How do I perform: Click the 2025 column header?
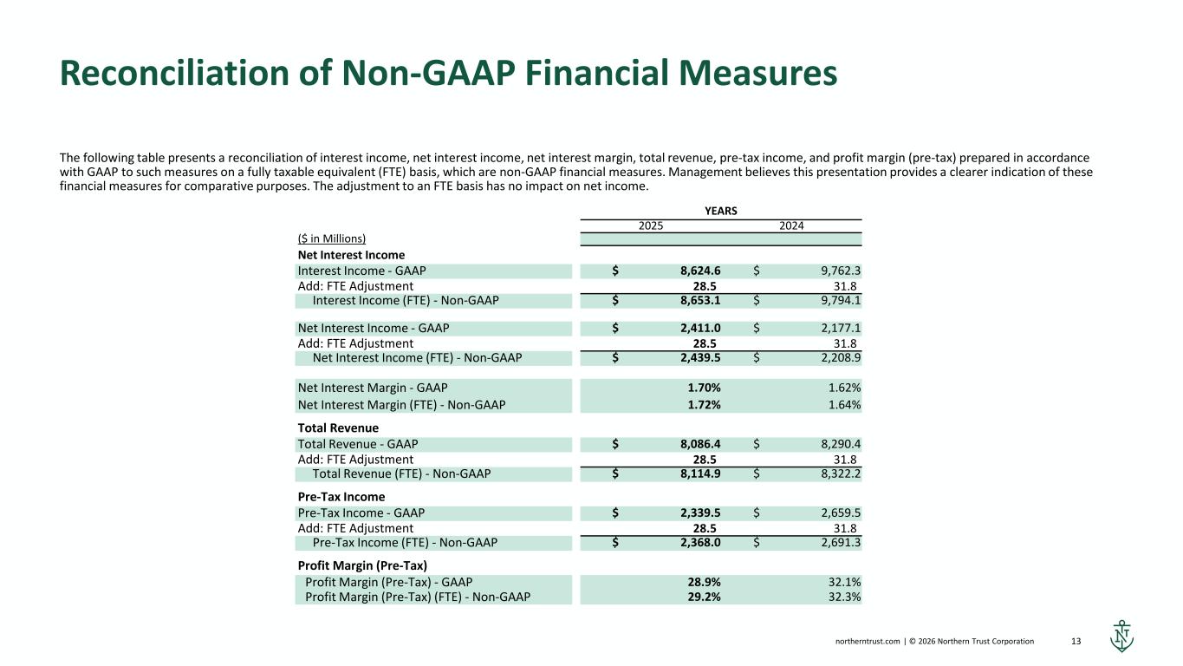(x=651, y=226)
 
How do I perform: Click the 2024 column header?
(x=791, y=226)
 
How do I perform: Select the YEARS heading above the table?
(x=721, y=211)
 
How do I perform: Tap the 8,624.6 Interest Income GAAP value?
(x=700, y=271)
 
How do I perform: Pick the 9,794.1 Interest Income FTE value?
(x=841, y=301)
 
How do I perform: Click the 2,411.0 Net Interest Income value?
(x=700, y=329)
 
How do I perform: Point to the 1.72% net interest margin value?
(x=704, y=405)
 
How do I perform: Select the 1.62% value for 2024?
(x=844, y=388)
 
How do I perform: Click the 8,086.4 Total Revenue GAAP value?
(x=700, y=445)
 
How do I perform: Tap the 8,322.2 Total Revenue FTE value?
(x=841, y=474)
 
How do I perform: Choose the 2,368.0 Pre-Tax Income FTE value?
(x=700, y=543)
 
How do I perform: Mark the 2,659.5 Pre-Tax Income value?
(x=841, y=513)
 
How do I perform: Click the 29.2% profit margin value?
(x=704, y=597)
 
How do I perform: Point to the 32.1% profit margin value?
(x=844, y=583)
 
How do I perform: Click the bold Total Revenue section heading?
(x=338, y=428)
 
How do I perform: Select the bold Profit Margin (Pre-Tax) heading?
(x=362, y=566)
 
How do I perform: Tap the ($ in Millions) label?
(x=332, y=239)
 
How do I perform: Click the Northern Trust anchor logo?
(x=1121, y=637)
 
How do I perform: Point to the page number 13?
(x=1076, y=642)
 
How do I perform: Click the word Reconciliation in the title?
(x=174, y=73)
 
